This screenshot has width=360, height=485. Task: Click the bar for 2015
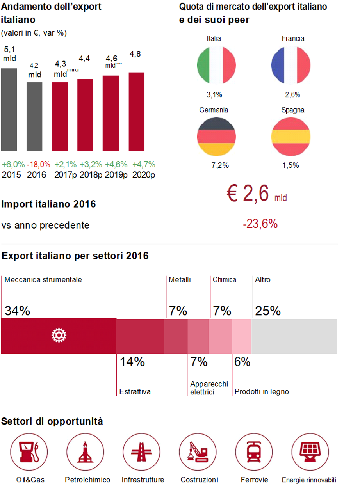pyautogui.click(x=9, y=110)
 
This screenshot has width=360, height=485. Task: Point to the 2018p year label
pyautogui.click(x=91, y=175)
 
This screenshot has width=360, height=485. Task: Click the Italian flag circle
pyautogui.click(x=216, y=65)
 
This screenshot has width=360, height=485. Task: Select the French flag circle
pyautogui.click(x=290, y=65)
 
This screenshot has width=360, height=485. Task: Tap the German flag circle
pyautogui.click(x=216, y=136)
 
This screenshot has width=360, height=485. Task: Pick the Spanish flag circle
pyautogui.click(x=290, y=136)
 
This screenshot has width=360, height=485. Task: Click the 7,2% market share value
pyautogui.click(x=220, y=165)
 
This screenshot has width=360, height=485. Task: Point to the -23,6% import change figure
pyautogui.click(x=260, y=224)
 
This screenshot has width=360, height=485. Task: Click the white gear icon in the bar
pyautogui.click(x=59, y=335)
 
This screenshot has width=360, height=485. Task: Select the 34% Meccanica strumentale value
pyautogui.click(x=17, y=311)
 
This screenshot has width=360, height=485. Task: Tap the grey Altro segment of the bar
pyautogui.click(x=294, y=336)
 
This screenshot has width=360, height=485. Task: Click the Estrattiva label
pyautogui.click(x=135, y=391)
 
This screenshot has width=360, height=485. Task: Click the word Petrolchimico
pyautogui.click(x=87, y=480)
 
